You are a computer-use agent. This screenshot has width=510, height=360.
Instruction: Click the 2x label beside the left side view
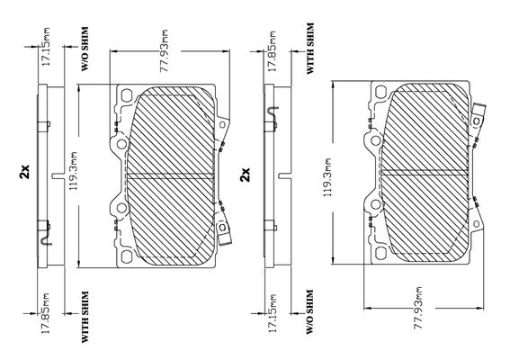pos(24,172)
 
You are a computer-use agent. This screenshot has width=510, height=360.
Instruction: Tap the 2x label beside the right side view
pos(245,174)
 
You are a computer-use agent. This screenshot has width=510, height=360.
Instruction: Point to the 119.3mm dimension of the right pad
pos(327,177)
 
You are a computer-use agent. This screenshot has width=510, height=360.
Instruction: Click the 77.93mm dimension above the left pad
pos(165,50)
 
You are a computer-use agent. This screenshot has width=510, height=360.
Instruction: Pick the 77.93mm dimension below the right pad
pos(418,307)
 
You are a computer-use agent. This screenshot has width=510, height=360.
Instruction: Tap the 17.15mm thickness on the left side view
pos(46,47)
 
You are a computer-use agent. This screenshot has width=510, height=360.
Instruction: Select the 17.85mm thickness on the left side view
pos(45,313)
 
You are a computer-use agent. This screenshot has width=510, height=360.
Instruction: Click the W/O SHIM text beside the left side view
pos(85,49)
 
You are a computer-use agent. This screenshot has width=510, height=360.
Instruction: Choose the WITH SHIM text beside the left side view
pos(85,317)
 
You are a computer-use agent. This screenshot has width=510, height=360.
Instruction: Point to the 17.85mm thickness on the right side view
pos(272,51)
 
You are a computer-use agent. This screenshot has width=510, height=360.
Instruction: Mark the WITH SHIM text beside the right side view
pos(310,49)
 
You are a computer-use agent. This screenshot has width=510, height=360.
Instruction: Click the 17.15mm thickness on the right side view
pos(272,313)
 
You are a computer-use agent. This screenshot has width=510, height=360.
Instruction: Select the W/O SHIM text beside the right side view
pos(310,311)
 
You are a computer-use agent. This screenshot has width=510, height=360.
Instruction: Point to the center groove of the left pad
pos(169,175)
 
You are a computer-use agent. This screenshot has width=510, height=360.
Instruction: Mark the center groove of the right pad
pos(425,173)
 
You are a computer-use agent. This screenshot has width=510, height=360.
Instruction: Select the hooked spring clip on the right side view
pos(273,114)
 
